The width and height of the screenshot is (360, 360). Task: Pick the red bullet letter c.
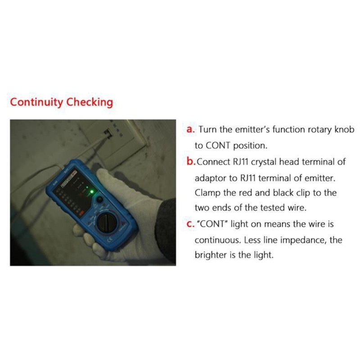tap(190, 224)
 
